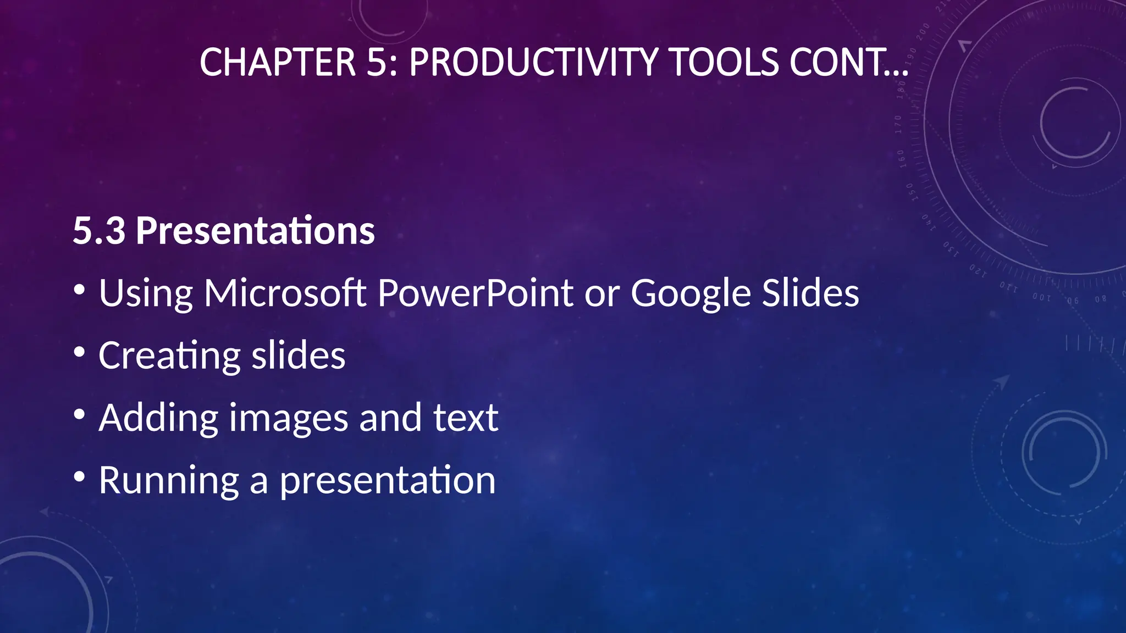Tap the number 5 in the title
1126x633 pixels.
click(x=378, y=62)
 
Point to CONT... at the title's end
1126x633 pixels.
click(x=849, y=62)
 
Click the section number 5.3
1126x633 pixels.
click(x=99, y=230)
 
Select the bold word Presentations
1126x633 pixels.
click(x=255, y=230)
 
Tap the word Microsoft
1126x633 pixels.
click(x=285, y=293)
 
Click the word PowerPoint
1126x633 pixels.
click(x=476, y=293)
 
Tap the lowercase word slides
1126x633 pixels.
click(x=299, y=356)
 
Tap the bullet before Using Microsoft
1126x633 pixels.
click(x=80, y=290)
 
